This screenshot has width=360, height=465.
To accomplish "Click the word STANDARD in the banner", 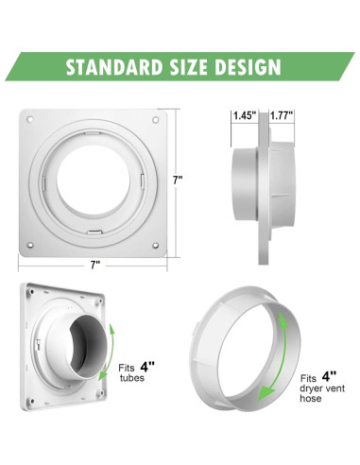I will (x=114, y=67).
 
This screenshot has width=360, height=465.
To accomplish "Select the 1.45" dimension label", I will (x=242, y=116).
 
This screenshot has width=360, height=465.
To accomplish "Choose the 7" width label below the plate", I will (x=94, y=263).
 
